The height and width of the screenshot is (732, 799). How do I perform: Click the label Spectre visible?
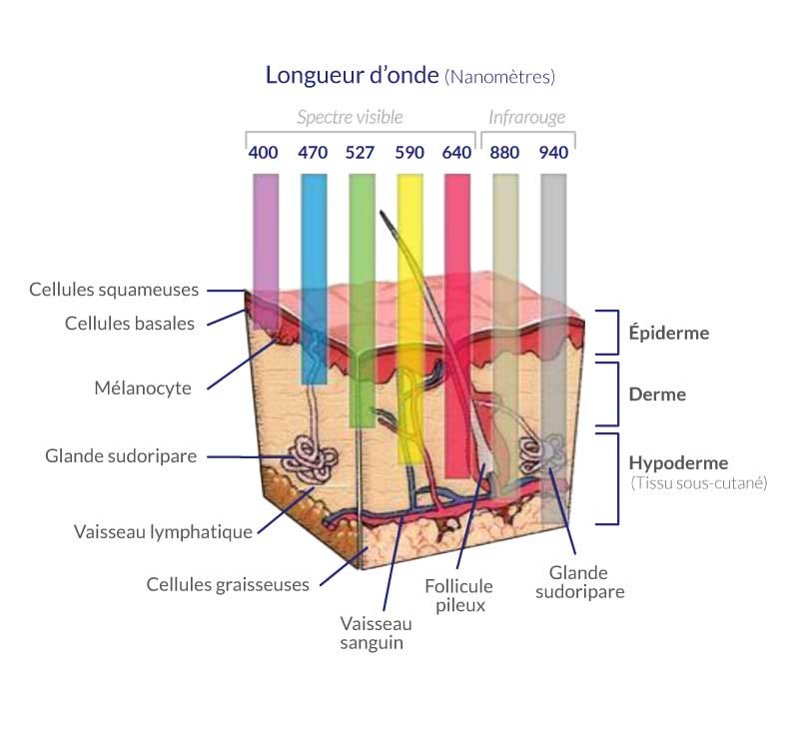coord(350,117)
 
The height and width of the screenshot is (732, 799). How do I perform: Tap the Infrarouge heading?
coord(526,117)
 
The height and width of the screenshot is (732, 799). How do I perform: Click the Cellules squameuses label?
coord(114,290)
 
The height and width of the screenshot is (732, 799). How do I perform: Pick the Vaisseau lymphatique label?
coord(163,531)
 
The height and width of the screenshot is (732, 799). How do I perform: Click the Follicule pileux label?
coord(458,595)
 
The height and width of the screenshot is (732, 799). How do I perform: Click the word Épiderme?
coord(668,333)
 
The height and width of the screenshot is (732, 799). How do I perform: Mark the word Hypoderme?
coord(678,463)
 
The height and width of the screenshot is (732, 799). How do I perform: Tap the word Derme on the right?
coord(657,394)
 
